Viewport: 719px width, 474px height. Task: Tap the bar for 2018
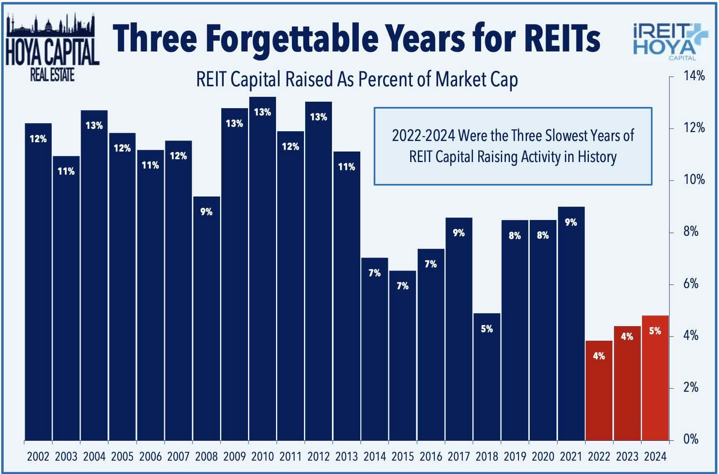pyautogui.click(x=487, y=377)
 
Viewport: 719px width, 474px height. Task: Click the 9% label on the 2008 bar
pyautogui.click(x=206, y=211)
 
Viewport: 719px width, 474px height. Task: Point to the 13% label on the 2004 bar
pyautogui.click(x=94, y=126)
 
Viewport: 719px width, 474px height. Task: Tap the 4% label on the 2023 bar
pyautogui.click(x=627, y=336)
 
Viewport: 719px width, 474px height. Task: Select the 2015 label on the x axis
pyautogui.click(x=402, y=457)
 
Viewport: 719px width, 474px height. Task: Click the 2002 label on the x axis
pyautogui.click(x=38, y=457)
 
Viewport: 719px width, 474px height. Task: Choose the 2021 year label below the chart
pyautogui.click(x=571, y=457)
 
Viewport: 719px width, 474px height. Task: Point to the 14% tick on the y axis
pyautogui.click(x=694, y=76)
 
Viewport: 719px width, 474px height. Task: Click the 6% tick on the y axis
pyautogui.click(x=691, y=284)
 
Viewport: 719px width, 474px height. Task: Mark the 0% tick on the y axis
pyautogui.click(x=691, y=439)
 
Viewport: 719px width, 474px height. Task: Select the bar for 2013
pyautogui.click(x=347, y=296)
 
